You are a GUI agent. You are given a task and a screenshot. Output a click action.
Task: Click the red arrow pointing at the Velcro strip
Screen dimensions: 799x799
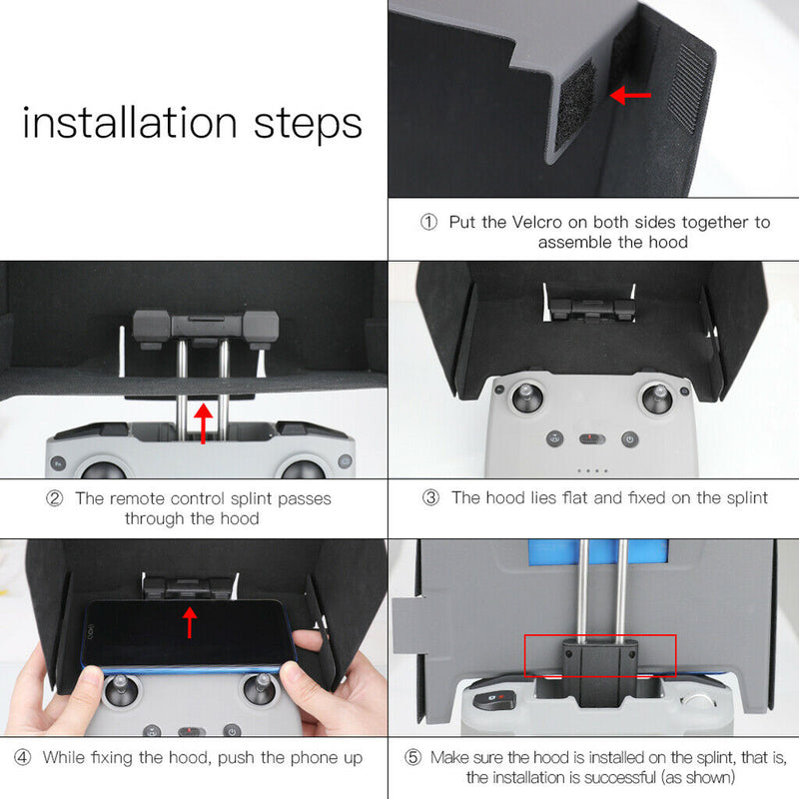(x=630, y=96)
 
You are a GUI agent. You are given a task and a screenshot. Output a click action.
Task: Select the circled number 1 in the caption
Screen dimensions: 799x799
(x=428, y=222)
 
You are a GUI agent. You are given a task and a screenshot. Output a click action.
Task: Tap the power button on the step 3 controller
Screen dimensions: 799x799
(x=629, y=438)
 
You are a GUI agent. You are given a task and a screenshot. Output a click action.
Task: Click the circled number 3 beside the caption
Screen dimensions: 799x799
(x=430, y=497)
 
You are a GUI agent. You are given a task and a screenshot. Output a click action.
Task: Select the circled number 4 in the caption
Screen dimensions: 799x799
(x=22, y=757)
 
